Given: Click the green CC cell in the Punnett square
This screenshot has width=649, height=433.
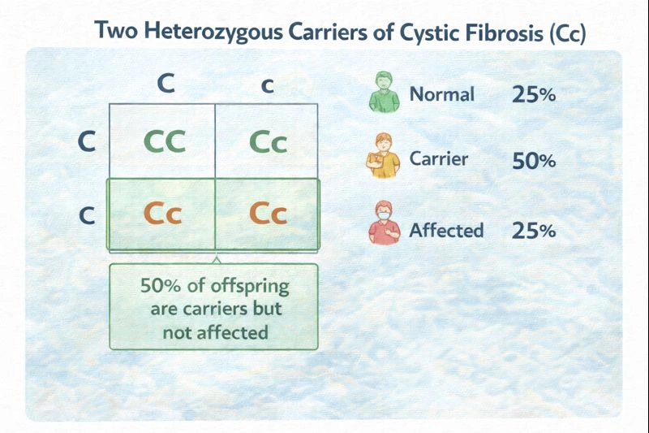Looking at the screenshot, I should coord(162,141).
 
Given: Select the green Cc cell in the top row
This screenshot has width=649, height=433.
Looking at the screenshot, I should coord(268,141).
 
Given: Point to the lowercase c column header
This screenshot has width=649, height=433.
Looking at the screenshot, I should coord(268,86).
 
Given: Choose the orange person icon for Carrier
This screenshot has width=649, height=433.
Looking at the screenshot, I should coord(382,158).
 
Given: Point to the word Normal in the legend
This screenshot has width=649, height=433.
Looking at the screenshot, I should coord(441,93).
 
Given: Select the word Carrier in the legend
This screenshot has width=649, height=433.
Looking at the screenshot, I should coord(439,158).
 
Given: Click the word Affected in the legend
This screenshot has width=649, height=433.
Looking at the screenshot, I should coord(446,230).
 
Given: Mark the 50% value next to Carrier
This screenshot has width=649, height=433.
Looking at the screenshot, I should coord(534,160).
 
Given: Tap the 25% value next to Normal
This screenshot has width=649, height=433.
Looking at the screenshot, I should coord(534,94).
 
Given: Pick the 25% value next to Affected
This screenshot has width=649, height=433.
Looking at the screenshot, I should coord(534,231).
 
